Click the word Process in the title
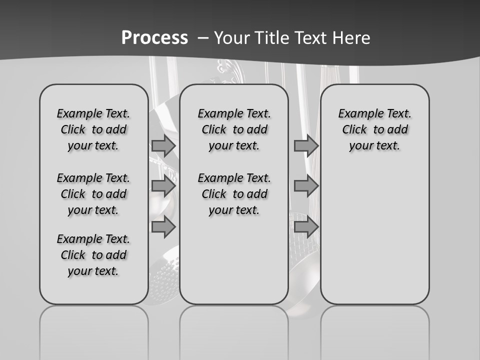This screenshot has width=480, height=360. tap(154, 37)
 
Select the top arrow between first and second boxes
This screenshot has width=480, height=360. tap(163, 145)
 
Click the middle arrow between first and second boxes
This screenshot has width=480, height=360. tap(163, 186)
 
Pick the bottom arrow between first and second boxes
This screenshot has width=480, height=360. tap(163, 227)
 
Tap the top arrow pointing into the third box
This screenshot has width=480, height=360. tap(306, 145)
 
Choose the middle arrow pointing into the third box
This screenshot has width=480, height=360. tap(306, 186)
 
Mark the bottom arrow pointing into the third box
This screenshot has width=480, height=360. tap(306, 227)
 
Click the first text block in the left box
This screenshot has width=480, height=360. tap(93, 129)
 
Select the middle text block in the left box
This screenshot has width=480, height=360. tap(93, 194)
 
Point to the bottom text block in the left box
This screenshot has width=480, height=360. tap(93, 255)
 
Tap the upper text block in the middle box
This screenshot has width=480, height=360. tap(234, 129)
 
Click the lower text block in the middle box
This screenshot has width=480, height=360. tap(234, 194)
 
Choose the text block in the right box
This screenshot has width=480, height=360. tap(374, 129)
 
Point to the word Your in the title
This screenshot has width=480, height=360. tap(232, 37)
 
